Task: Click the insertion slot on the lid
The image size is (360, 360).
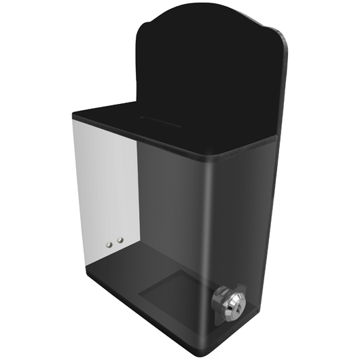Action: point(160,120)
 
